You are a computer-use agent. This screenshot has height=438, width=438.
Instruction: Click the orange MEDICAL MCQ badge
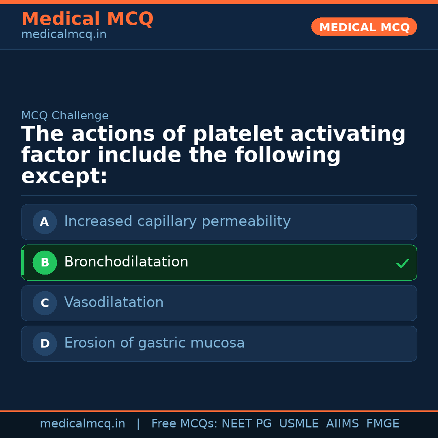[364, 27]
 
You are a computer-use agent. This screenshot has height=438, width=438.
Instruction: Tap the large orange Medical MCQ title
[87, 19]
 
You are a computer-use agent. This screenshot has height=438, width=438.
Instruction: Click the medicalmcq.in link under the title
[64, 35]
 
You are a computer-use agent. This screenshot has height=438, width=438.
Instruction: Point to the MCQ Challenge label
[65, 116]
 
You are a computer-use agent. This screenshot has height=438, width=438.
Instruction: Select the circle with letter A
[45, 222]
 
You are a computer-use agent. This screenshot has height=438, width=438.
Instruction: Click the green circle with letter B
[45, 262]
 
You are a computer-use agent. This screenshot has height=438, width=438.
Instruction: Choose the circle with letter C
[45, 303]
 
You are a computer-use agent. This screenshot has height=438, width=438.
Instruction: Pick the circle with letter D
[45, 344]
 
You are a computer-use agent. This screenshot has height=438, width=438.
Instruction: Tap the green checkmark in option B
[402, 264]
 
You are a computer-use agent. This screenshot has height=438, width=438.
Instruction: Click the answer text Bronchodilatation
[126, 262]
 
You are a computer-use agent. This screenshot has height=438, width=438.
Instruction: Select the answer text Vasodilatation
[114, 303]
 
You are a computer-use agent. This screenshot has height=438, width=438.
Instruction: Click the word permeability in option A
[246, 221]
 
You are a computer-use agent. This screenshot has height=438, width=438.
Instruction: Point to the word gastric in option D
[162, 343]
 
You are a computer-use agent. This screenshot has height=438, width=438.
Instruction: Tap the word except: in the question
[64, 176]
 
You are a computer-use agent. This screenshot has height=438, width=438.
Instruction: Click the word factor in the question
[56, 155]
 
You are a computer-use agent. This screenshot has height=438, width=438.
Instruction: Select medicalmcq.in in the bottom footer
[82, 424]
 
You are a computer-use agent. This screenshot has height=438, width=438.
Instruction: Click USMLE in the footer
[298, 424]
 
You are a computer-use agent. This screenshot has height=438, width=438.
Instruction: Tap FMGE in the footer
[382, 424]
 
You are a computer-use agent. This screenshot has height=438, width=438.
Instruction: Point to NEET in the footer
[236, 424]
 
